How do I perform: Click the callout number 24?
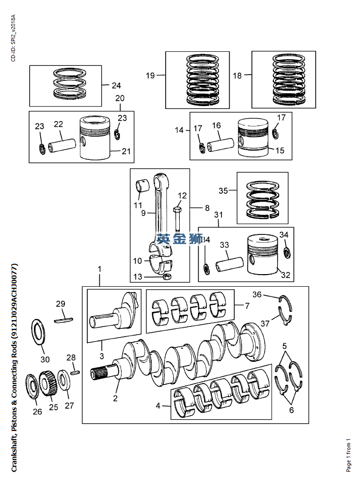[116, 86]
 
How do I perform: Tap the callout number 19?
[150, 76]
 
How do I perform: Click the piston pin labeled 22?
[62, 145]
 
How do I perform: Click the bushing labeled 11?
[142, 185]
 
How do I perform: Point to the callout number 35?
[223, 191]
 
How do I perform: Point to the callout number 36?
[257, 294]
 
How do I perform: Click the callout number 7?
[247, 306]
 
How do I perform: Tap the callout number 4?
[158, 406]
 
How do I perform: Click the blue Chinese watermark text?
[179, 239]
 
